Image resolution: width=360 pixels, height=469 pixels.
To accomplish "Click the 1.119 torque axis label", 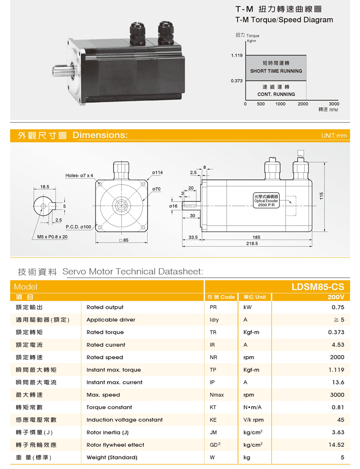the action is [x=237, y=55].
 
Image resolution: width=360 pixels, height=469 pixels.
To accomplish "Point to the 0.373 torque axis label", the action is [x=237, y=81].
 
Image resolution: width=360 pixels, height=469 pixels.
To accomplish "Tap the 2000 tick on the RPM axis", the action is [x=303, y=104].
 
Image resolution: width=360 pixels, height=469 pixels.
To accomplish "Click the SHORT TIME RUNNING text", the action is [x=276, y=71].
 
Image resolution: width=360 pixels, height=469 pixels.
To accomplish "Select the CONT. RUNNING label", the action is [x=276, y=94].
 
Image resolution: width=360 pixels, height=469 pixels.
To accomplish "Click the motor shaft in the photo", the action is [x=62, y=71].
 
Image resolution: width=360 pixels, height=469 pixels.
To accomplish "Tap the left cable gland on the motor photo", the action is [x=138, y=34].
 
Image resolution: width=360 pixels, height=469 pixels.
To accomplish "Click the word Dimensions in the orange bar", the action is [x=100, y=135].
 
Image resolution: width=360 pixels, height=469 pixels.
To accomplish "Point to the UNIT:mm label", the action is [x=334, y=136].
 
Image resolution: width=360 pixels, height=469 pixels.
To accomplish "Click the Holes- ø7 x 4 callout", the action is [x=79, y=175].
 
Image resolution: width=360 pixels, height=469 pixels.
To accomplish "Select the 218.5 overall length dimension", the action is [x=252, y=243].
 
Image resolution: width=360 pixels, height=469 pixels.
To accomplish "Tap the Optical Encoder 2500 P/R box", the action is [x=266, y=200].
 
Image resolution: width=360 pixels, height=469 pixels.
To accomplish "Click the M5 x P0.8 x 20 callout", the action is [x=52, y=237].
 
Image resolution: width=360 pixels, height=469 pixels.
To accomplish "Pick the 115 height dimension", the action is [x=321, y=196].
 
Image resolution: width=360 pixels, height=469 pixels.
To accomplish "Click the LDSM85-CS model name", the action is [x=318, y=287].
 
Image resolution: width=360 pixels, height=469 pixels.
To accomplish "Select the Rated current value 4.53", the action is [x=338, y=345].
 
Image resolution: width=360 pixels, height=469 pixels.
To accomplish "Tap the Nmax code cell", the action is [x=217, y=395].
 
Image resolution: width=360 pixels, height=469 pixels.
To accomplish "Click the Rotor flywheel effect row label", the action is [x=115, y=445].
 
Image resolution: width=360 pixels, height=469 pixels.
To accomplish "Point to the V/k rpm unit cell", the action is [x=253, y=420].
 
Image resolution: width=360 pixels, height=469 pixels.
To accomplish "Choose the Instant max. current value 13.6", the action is [x=338, y=382].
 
